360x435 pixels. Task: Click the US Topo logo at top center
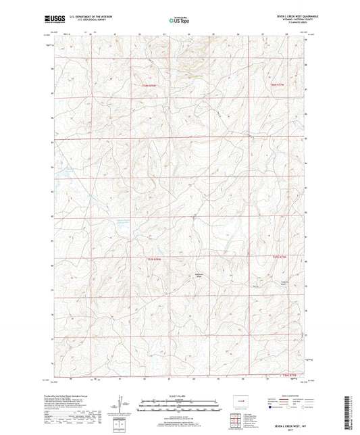tap(177, 21)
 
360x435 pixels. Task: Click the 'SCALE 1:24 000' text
tap(179, 396)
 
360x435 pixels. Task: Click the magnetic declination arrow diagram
tap(120, 405)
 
